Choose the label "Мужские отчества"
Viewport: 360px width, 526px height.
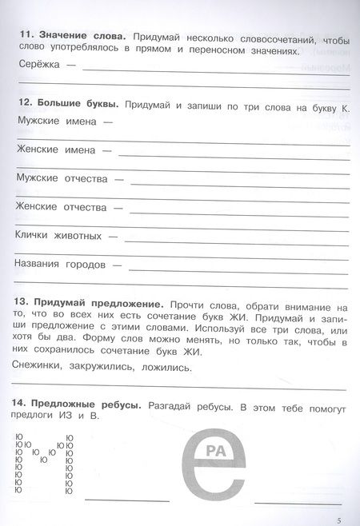62,178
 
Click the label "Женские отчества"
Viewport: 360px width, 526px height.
61,207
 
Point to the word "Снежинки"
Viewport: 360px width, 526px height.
40,369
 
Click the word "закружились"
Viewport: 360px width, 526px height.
108,369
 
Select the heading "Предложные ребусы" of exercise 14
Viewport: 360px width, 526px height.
87,406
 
